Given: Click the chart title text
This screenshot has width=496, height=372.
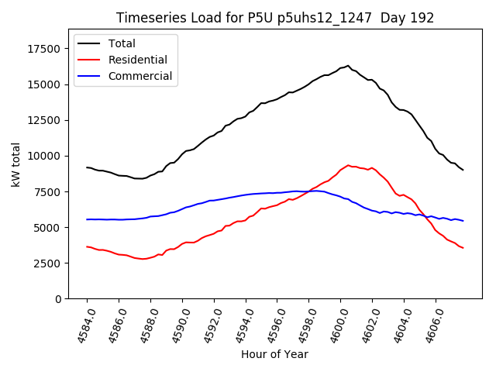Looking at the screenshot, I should pos(275,18).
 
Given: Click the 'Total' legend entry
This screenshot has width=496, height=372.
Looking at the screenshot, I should pos(122,43).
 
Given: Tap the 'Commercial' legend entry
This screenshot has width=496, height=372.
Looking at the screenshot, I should pos(140,76).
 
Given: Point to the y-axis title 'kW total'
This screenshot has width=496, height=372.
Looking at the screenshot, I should pos(15,164).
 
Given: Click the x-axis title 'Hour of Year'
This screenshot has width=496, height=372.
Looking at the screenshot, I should pos(274,354).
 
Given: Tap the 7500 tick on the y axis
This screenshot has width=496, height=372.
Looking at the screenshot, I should pos(49,192).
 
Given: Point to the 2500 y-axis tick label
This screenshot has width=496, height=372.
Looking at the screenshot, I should pos(49,263).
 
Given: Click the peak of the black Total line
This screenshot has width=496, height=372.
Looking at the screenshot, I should pos(348,66).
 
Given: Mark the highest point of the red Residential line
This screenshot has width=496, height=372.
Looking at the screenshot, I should pos(348,165).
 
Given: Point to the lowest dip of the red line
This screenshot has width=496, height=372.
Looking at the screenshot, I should pos(143,259).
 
